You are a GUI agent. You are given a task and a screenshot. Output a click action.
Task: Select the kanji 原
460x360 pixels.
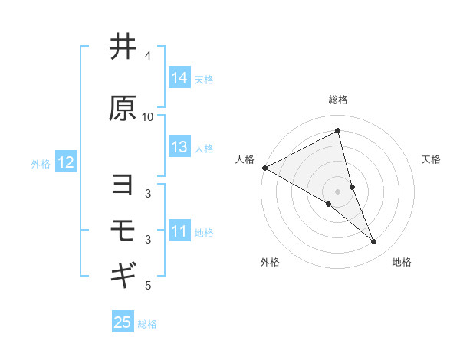(x=123, y=108)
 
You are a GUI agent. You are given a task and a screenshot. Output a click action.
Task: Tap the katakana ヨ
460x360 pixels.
(x=123, y=185)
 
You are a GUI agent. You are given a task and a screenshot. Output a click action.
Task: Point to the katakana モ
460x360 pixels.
(x=123, y=229)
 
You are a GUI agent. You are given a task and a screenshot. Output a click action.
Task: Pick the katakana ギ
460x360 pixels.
(x=123, y=273)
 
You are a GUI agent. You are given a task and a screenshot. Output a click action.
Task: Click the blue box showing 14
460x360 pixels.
(x=179, y=78)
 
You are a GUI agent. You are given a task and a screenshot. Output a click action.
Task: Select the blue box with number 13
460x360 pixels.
(x=179, y=148)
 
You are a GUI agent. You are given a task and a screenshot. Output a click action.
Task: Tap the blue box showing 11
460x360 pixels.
(x=179, y=231)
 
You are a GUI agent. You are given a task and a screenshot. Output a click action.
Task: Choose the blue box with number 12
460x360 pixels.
(x=65, y=162)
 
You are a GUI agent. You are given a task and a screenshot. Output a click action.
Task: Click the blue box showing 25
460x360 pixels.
(x=123, y=322)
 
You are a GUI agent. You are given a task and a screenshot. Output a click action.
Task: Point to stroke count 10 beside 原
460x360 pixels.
(x=148, y=116)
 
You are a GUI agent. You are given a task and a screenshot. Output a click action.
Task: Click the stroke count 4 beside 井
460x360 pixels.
(x=148, y=56)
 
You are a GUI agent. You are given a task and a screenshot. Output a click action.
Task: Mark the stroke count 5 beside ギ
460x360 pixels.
(x=148, y=286)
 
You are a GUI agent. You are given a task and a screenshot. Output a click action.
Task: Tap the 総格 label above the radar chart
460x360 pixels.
(x=337, y=100)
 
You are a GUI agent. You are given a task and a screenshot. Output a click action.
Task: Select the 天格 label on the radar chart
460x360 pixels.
(x=431, y=159)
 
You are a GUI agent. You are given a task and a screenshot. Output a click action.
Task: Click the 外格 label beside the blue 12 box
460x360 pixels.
(x=41, y=163)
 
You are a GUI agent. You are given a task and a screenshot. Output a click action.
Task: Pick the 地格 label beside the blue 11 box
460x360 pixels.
(x=205, y=232)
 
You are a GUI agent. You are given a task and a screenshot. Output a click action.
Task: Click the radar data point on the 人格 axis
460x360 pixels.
(x=264, y=168)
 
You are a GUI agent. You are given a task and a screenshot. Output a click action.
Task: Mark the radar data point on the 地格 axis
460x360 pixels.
(x=374, y=242)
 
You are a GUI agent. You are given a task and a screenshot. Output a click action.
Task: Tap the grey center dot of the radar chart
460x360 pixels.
(x=337, y=191)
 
